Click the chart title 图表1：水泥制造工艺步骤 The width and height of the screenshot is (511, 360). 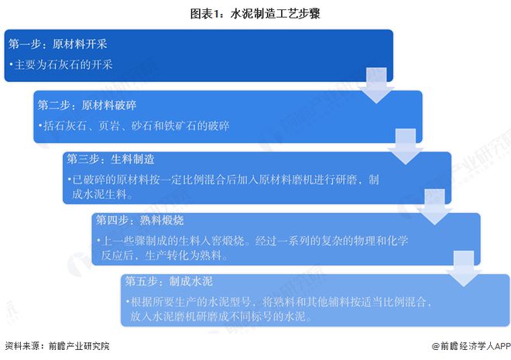point(256,14)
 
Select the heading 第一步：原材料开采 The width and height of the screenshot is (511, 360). point(58,44)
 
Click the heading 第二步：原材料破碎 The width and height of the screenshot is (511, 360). point(87,105)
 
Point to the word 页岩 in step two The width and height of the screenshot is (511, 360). point(109,125)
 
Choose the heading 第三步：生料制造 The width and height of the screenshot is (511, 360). point(111,159)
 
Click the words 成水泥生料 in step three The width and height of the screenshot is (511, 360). point(99,194)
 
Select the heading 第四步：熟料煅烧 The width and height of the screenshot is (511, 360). point(140,221)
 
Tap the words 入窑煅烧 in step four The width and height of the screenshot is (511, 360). point(222,241)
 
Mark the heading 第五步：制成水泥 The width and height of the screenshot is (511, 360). point(169,281)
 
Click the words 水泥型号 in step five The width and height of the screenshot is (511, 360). point(229,302)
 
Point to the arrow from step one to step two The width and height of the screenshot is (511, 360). point(376,86)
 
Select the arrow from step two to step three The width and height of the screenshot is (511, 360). point(406,146)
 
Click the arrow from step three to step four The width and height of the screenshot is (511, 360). point(435,207)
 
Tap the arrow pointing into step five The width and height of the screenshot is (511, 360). point(464,269)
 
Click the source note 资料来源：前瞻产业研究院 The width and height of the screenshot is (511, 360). point(57,345)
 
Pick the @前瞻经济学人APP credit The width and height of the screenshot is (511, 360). point(471,345)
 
